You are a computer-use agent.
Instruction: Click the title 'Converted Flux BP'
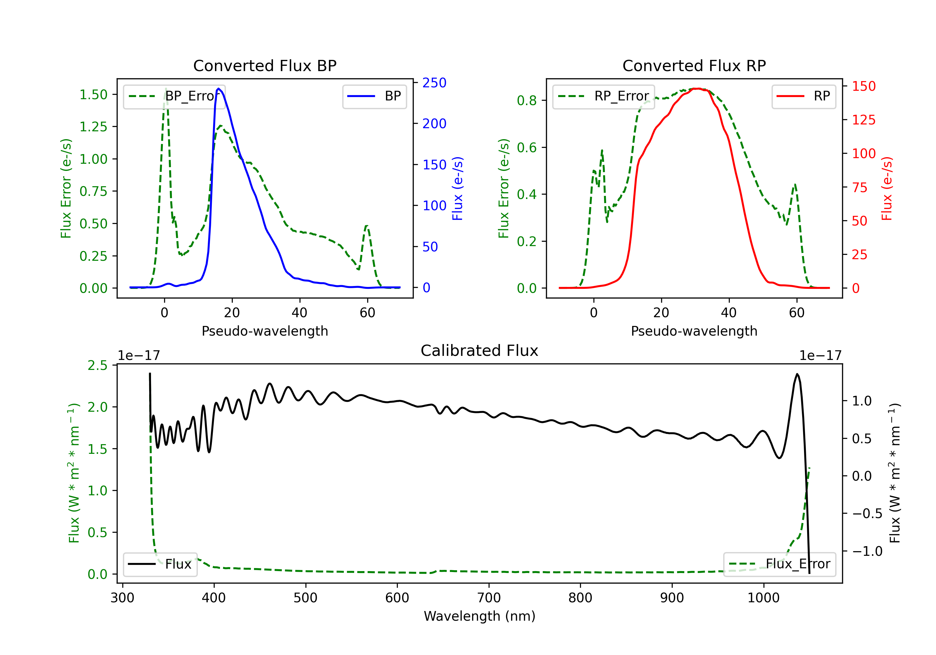click(x=265, y=65)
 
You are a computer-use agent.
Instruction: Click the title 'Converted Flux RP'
click(x=694, y=65)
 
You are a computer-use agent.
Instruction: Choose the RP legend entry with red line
click(x=803, y=96)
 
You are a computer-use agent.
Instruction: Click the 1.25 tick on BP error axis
click(x=93, y=127)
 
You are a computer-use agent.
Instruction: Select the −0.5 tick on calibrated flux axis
click(x=867, y=514)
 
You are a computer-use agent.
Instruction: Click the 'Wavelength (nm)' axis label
click(x=480, y=616)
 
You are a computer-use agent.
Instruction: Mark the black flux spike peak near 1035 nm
click(x=797, y=374)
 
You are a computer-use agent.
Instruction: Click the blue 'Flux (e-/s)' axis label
click(x=457, y=188)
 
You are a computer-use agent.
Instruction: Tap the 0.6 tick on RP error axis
click(x=527, y=148)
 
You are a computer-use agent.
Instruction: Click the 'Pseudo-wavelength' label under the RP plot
click(x=694, y=331)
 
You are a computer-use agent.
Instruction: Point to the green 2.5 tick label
click(x=97, y=365)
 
